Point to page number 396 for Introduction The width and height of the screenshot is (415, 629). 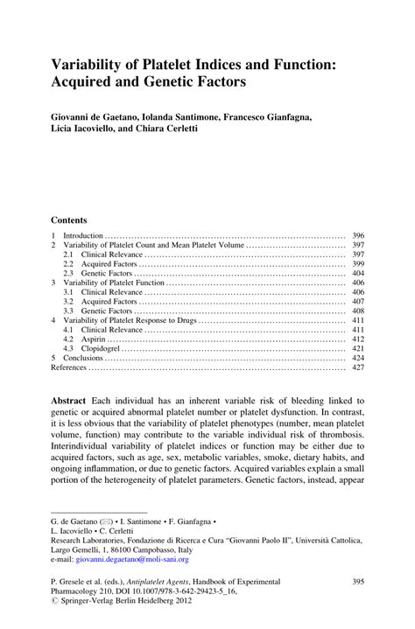click(x=357, y=236)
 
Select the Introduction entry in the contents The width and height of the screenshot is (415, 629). click(x=83, y=236)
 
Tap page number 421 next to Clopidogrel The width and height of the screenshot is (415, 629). click(x=357, y=348)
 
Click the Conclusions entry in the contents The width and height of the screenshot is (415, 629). click(x=83, y=359)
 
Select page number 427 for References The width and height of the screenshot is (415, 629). click(x=357, y=368)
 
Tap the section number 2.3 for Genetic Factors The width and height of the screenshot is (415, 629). click(x=68, y=273)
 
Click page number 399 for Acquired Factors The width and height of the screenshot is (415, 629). click(x=357, y=262)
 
